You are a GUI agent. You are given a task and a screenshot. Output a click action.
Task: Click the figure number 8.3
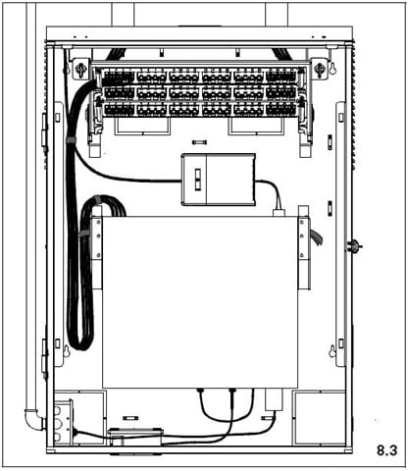387,450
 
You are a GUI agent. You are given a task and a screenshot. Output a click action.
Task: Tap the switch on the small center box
198,180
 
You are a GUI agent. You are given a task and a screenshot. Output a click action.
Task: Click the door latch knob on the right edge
354,245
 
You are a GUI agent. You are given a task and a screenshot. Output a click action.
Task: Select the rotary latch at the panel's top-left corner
80,69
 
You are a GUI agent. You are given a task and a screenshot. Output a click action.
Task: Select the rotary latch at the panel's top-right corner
319,69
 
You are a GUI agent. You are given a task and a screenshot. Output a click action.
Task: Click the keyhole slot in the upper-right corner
332,69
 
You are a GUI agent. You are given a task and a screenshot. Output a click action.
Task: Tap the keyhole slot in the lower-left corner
67,351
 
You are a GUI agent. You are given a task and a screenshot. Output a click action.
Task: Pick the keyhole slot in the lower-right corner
332,351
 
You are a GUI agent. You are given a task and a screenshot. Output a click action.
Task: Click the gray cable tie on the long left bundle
71,140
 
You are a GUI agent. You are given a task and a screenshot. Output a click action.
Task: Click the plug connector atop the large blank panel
279,212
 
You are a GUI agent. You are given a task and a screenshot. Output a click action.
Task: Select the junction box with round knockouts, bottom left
64,422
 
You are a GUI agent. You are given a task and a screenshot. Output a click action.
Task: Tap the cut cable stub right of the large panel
316,237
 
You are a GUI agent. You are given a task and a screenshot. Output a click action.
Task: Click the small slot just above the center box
199,142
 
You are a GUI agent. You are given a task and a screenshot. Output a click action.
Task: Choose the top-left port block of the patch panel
119,78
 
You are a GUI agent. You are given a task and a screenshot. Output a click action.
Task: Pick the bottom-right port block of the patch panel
281,110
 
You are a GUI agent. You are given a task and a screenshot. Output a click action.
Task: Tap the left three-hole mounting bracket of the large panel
97,238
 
